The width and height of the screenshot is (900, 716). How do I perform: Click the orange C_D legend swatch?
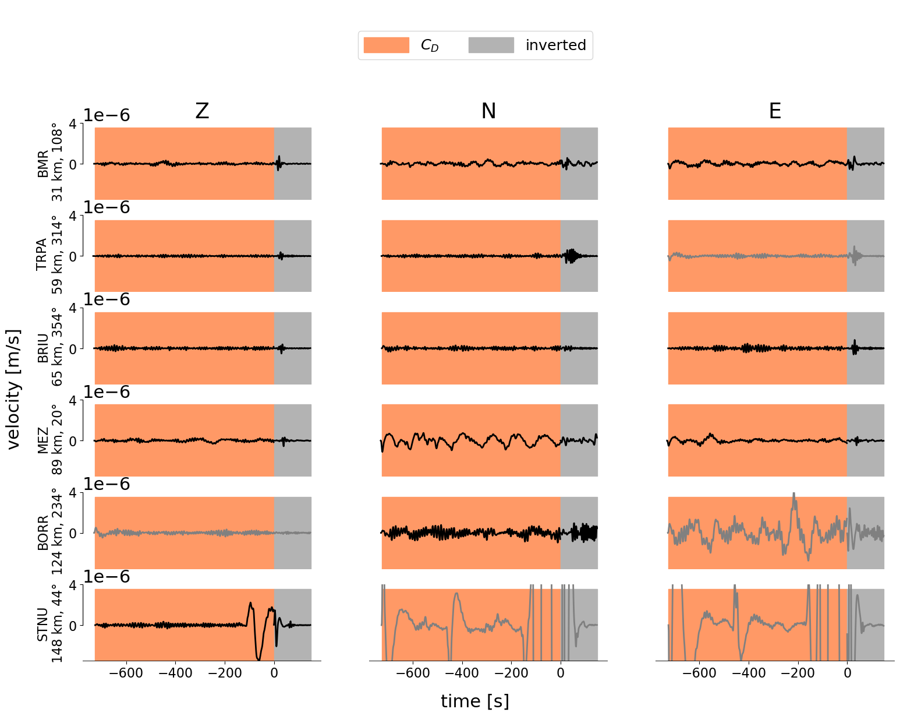pyautogui.click(x=386, y=45)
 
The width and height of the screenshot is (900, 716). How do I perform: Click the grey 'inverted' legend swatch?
pyautogui.click(x=491, y=45)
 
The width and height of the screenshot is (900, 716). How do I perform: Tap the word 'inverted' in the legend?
pyautogui.click(x=555, y=45)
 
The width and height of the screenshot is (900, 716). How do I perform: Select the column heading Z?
pyautogui.click(x=202, y=111)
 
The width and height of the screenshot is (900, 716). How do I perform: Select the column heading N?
pyautogui.click(x=488, y=111)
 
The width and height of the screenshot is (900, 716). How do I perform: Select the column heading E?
pyautogui.click(x=775, y=111)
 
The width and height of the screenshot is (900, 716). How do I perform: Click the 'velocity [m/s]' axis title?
pyautogui.click(x=14, y=389)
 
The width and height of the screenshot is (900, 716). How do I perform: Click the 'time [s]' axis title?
pyautogui.click(x=474, y=701)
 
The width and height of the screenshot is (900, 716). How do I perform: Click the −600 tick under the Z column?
pyautogui.click(x=126, y=673)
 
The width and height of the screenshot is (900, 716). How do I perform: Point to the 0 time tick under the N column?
pyautogui.click(x=561, y=673)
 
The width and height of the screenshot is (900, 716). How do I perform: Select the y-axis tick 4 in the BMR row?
pyautogui.click(x=73, y=124)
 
